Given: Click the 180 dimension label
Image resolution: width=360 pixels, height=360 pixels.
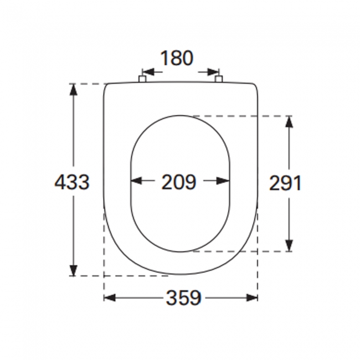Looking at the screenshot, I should pyautogui.click(x=177, y=58).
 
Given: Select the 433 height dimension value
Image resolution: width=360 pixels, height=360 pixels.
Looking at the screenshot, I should pyautogui.click(x=71, y=181).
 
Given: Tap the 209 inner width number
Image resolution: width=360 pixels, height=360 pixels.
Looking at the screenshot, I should pyautogui.click(x=179, y=181).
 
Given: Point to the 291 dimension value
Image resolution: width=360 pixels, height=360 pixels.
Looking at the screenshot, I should pyautogui.click(x=285, y=182).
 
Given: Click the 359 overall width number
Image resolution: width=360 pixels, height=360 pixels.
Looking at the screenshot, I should pyautogui.click(x=183, y=298).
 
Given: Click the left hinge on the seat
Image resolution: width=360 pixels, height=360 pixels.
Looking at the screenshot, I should pyautogui.click(x=142, y=80).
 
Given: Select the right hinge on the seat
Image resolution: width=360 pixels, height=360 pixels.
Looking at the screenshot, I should pyautogui.click(x=219, y=80).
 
